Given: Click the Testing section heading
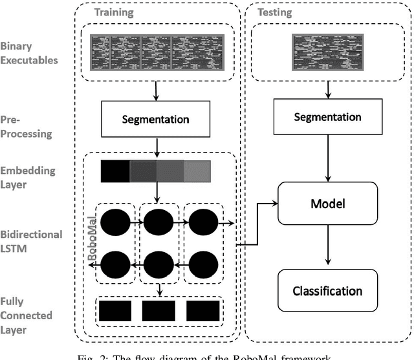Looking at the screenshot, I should tap(274, 12).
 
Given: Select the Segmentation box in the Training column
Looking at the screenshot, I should tap(156, 120).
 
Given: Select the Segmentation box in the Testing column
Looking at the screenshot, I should tap(327, 117).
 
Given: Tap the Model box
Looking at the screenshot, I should tap(327, 202).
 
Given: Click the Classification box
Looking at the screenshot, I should tap(327, 291).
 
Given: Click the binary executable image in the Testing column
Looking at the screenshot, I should tap(327, 52).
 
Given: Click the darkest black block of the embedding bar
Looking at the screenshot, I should tap(116, 171).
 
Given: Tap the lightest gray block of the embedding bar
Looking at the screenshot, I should tap(197, 171).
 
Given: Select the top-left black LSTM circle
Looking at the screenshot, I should tap(115, 223).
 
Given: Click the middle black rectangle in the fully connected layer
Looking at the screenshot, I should tap(158, 311).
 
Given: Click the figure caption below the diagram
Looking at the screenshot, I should tap(208, 355).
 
